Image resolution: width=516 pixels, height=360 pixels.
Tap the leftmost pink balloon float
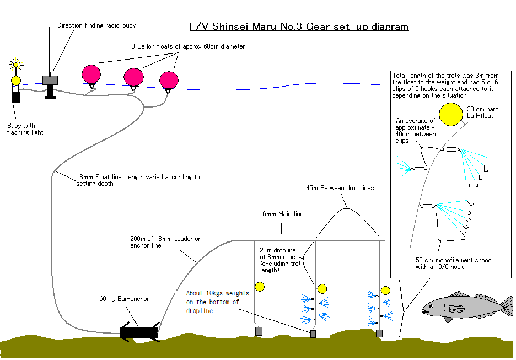coord(91,73)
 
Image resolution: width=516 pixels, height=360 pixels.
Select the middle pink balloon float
coord(133,77)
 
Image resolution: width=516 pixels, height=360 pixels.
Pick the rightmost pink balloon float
coord(169,80)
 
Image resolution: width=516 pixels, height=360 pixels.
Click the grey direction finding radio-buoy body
coord(50,80)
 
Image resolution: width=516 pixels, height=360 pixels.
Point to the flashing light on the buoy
coord(15,65)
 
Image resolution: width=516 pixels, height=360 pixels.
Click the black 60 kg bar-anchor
coord(138,332)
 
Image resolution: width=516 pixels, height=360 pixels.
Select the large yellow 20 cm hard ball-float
coord(451,114)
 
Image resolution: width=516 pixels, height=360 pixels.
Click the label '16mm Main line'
coord(281,214)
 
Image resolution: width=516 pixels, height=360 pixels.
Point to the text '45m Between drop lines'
coord(340,188)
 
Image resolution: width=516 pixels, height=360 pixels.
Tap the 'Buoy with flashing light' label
coord(25,129)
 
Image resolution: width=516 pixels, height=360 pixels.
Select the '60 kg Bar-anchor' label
coord(124,299)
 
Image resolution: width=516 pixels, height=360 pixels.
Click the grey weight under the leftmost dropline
coord(258,331)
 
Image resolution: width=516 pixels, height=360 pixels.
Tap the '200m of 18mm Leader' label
coord(165,241)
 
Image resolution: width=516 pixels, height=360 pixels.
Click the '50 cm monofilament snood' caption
coord(453,263)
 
